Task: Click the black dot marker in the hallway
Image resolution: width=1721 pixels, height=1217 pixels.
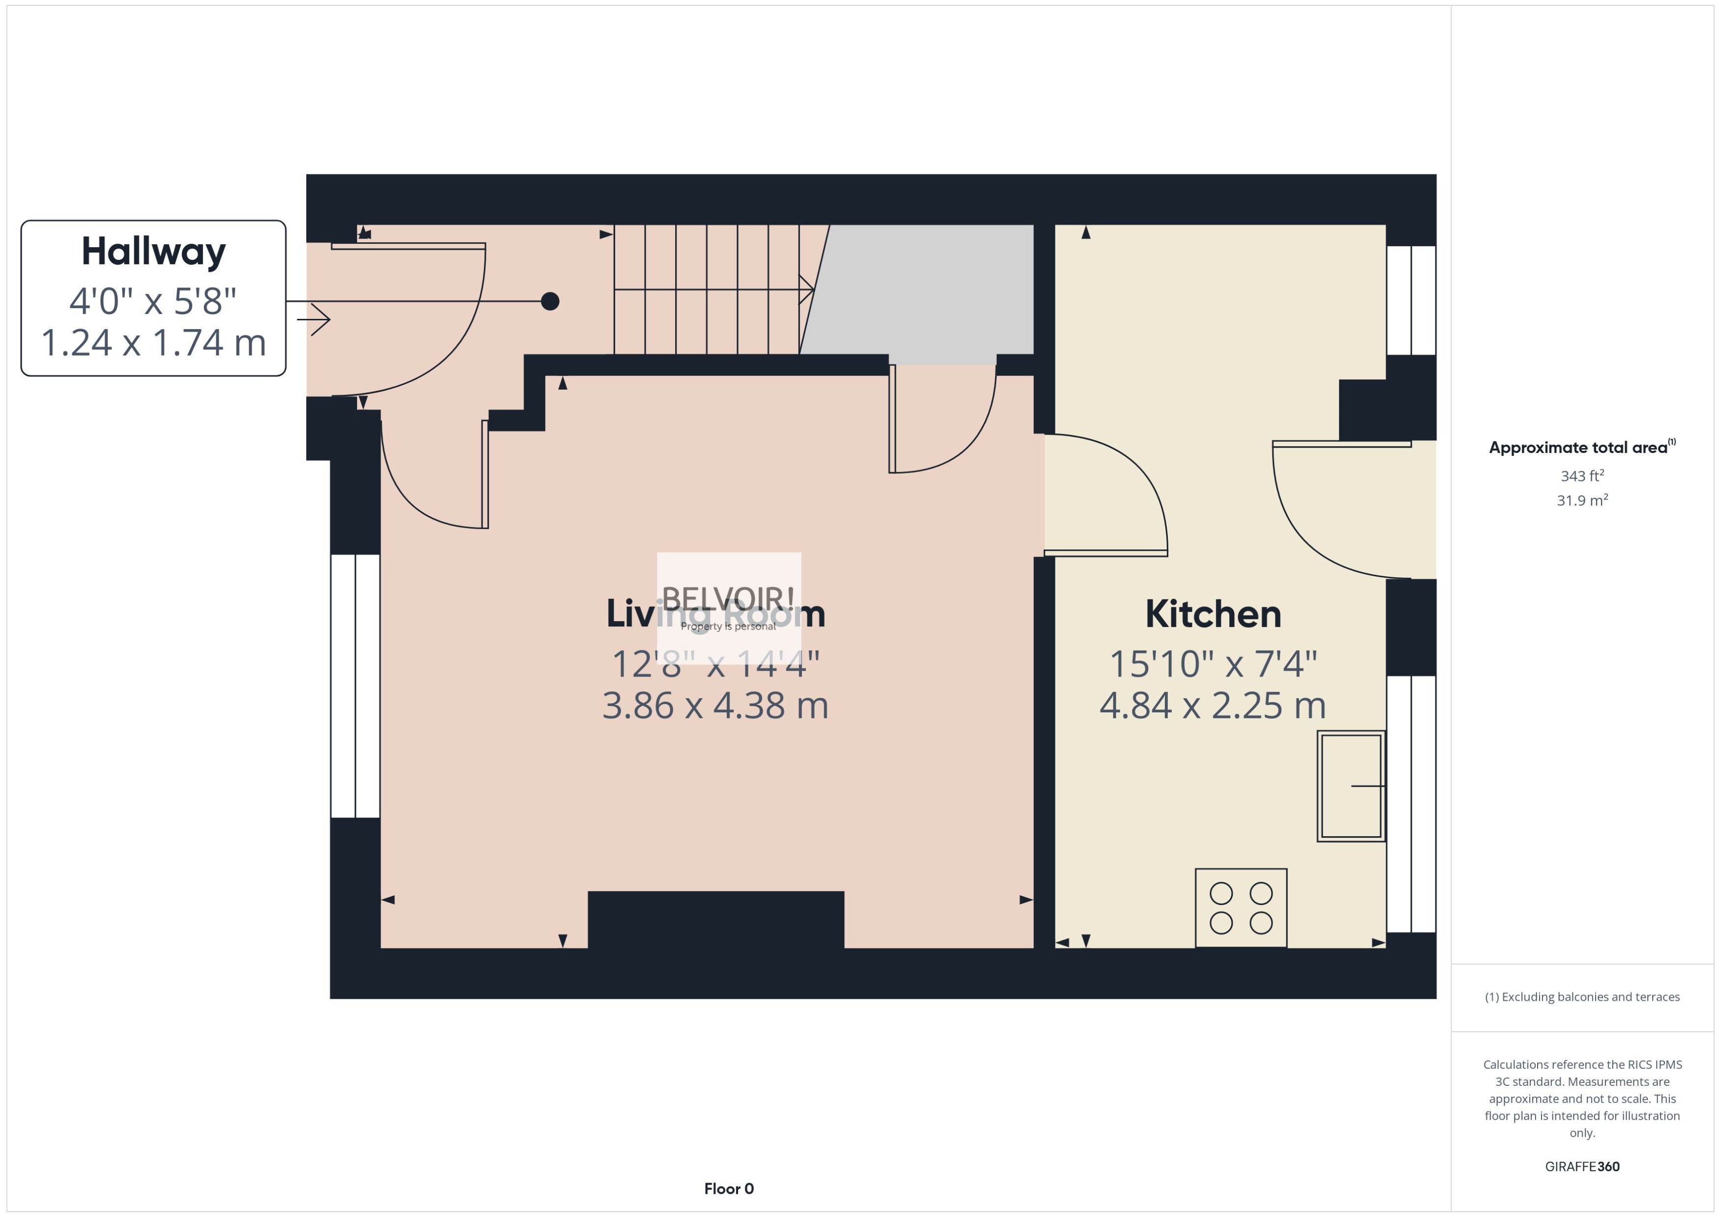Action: point(550,301)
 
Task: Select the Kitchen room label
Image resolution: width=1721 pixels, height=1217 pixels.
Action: point(1213,615)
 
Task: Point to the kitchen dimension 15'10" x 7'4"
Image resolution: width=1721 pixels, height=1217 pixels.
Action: point(1213,664)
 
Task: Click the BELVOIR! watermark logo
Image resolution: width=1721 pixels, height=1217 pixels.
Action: point(728,599)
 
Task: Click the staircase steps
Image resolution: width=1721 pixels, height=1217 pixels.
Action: point(707,289)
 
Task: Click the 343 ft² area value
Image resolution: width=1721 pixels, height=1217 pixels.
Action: point(1581,476)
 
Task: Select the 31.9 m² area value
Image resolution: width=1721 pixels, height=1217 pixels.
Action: point(1581,500)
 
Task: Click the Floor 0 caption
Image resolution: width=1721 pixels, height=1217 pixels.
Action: point(728,1189)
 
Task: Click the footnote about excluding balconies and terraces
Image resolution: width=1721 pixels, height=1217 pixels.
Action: point(1581,997)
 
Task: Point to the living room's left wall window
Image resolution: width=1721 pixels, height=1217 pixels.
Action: point(356,686)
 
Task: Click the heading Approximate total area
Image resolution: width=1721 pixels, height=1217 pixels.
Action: point(1578,448)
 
